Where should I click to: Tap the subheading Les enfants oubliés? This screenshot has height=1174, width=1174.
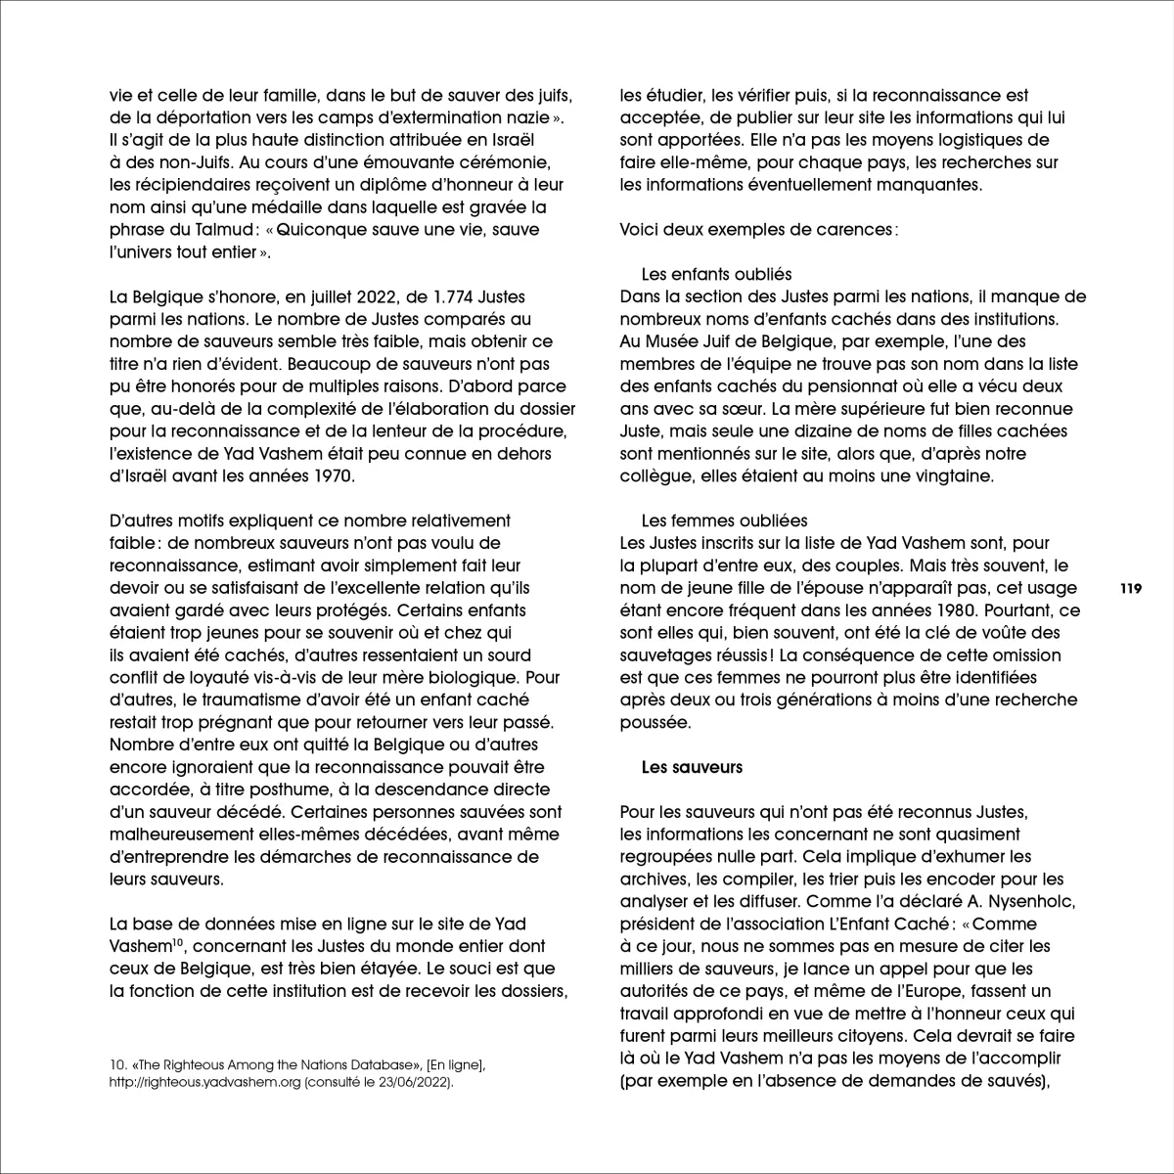[716, 274]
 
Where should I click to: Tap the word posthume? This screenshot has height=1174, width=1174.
[257, 790]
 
